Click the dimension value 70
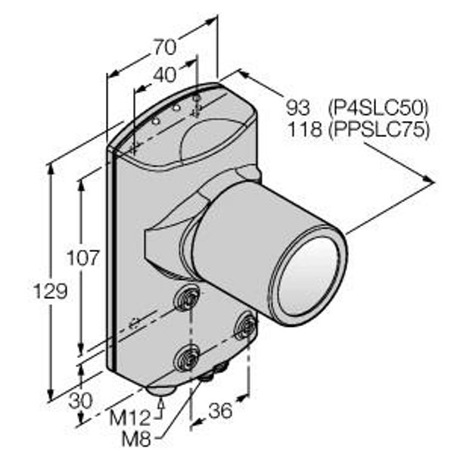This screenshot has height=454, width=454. tap(165, 47)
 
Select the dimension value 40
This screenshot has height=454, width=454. tap(164, 75)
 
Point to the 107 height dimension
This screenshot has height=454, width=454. tap(83, 257)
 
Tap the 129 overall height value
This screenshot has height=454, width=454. tap(51, 291)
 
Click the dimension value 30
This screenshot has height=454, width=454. tap(81, 400)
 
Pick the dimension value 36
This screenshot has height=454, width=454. tap(220, 410)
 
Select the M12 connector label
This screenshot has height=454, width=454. tap(130, 418)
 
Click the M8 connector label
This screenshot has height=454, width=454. tap(136, 439)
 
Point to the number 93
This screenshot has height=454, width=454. tap(298, 107)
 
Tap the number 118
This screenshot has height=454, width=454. tap(305, 129)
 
